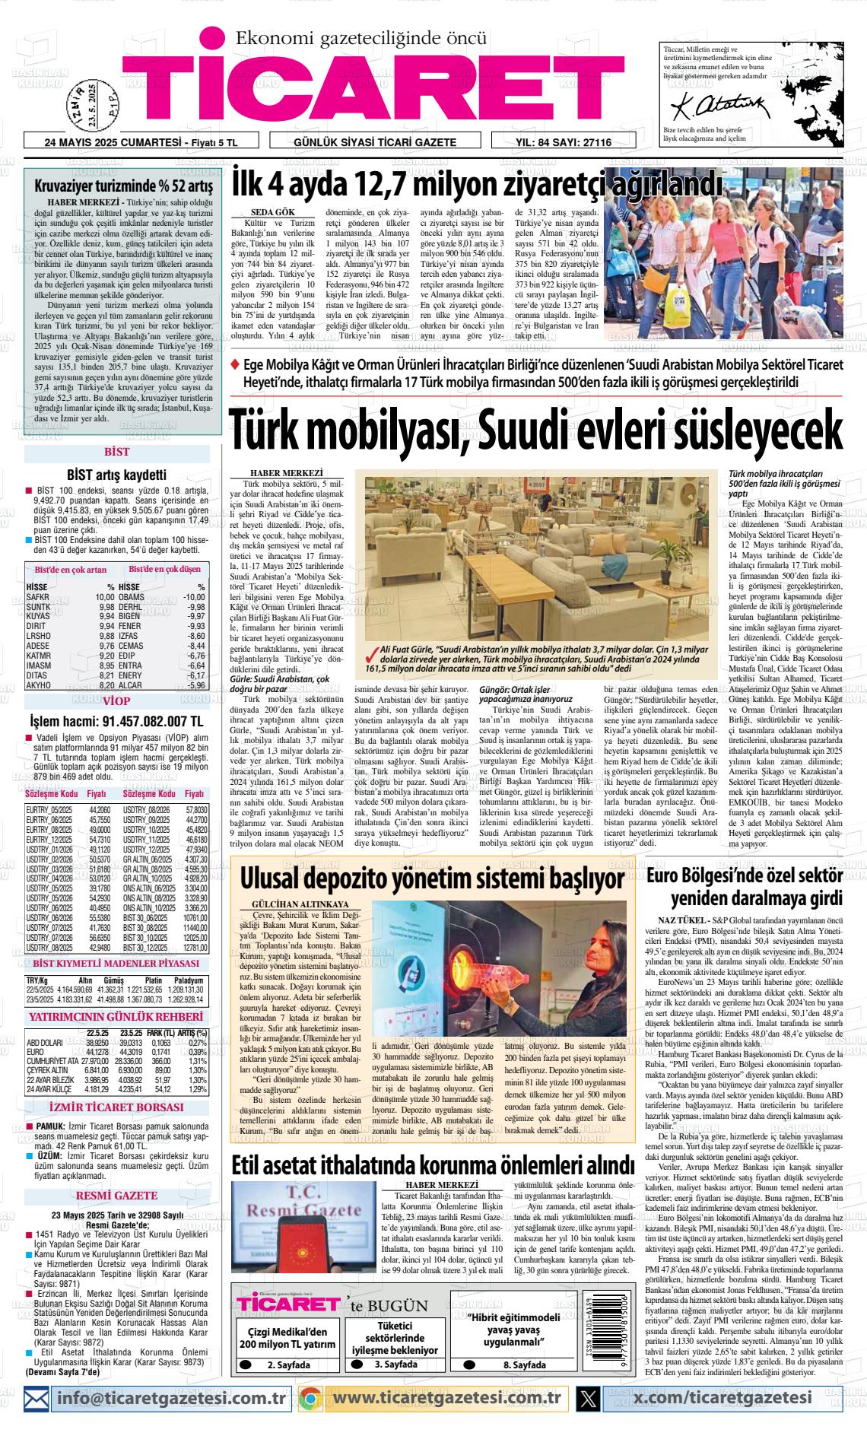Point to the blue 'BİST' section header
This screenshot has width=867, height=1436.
click(116, 452)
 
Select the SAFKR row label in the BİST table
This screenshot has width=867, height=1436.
click(38, 597)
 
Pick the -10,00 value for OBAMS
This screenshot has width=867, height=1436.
click(194, 597)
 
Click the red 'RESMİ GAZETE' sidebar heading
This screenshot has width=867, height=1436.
click(116, 1196)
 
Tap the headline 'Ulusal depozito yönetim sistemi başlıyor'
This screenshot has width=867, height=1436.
click(432, 878)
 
